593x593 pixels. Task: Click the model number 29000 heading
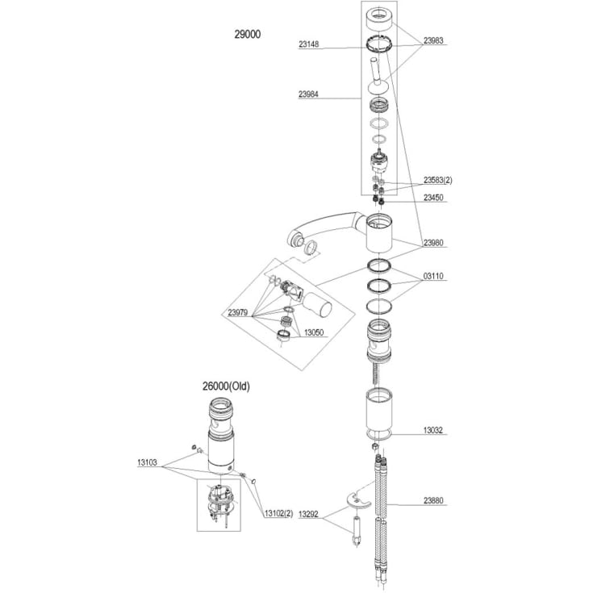(248, 35)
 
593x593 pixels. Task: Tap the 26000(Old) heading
(226, 386)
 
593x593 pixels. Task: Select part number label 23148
(308, 44)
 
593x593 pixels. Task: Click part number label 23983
(433, 40)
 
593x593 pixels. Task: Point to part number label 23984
(308, 94)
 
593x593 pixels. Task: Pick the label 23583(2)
(437, 180)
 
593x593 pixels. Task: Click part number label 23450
(433, 198)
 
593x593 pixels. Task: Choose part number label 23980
(433, 243)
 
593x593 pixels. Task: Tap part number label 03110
(433, 276)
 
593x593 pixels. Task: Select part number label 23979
(237, 312)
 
